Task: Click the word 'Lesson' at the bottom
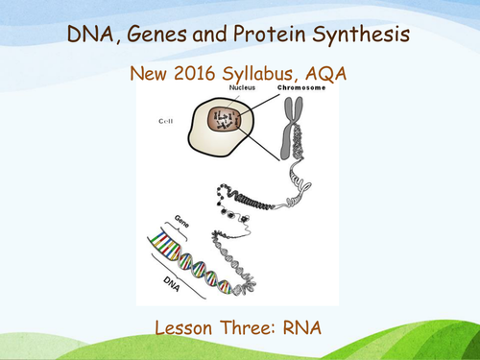(187, 327)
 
